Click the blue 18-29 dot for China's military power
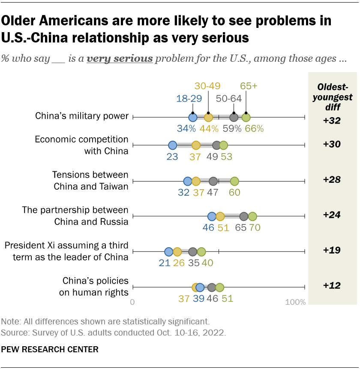click(x=193, y=117)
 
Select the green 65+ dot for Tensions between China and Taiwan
click(x=234, y=181)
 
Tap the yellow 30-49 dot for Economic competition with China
click(x=196, y=145)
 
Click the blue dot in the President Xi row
click(x=168, y=252)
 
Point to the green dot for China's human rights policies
click(x=220, y=287)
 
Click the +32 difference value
click(x=332, y=121)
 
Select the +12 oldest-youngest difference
click(x=332, y=285)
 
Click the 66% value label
click(x=254, y=128)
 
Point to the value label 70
click(x=255, y=227)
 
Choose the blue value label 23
click(x=172, y=157)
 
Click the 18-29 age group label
click(x=189, y=99)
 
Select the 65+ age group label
click(x=249, y=86)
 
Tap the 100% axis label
click(x=296, y=302)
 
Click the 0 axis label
click(x=132, y=302)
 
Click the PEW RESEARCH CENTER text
click(x=50, y=349)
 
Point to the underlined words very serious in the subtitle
click(x=120, y=59)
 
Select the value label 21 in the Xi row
click(x=165, y=263)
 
